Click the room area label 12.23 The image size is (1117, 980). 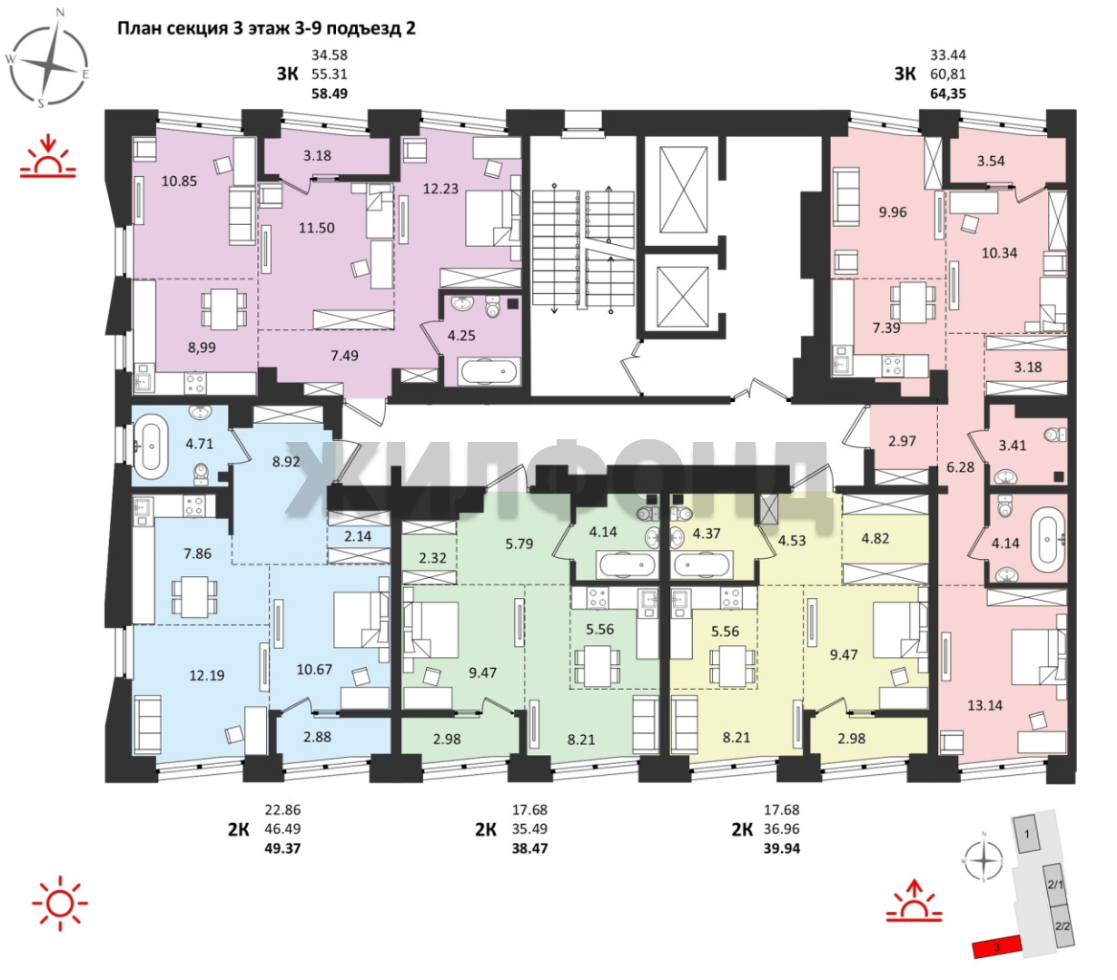[x=440, y=189]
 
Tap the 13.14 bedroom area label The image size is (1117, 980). [x=984, y=705]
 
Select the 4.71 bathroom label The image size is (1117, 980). [x=199, y=444]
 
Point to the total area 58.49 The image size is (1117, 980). [x=330, y=93]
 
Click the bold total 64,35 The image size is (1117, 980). [x=948, y=93]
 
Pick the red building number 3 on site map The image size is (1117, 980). [x=997, y=948]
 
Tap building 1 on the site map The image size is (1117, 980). [x=1026, y=835]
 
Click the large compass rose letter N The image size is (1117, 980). [x=61, y=12]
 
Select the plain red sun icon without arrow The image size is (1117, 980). [x=60, y=904]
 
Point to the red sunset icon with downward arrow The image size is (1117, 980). [x=48, y=156]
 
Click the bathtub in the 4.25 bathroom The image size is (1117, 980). [x=489, y=371]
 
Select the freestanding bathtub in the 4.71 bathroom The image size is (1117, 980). [x=151, y=446]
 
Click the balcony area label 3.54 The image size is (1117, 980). [x=990, y=161]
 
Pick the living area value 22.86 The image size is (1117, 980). [x=282, y=809]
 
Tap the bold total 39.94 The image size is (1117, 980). [x=781, y=848]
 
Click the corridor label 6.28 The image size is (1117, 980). [x=960, y=467]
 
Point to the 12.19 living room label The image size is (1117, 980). [x=207, y=675]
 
